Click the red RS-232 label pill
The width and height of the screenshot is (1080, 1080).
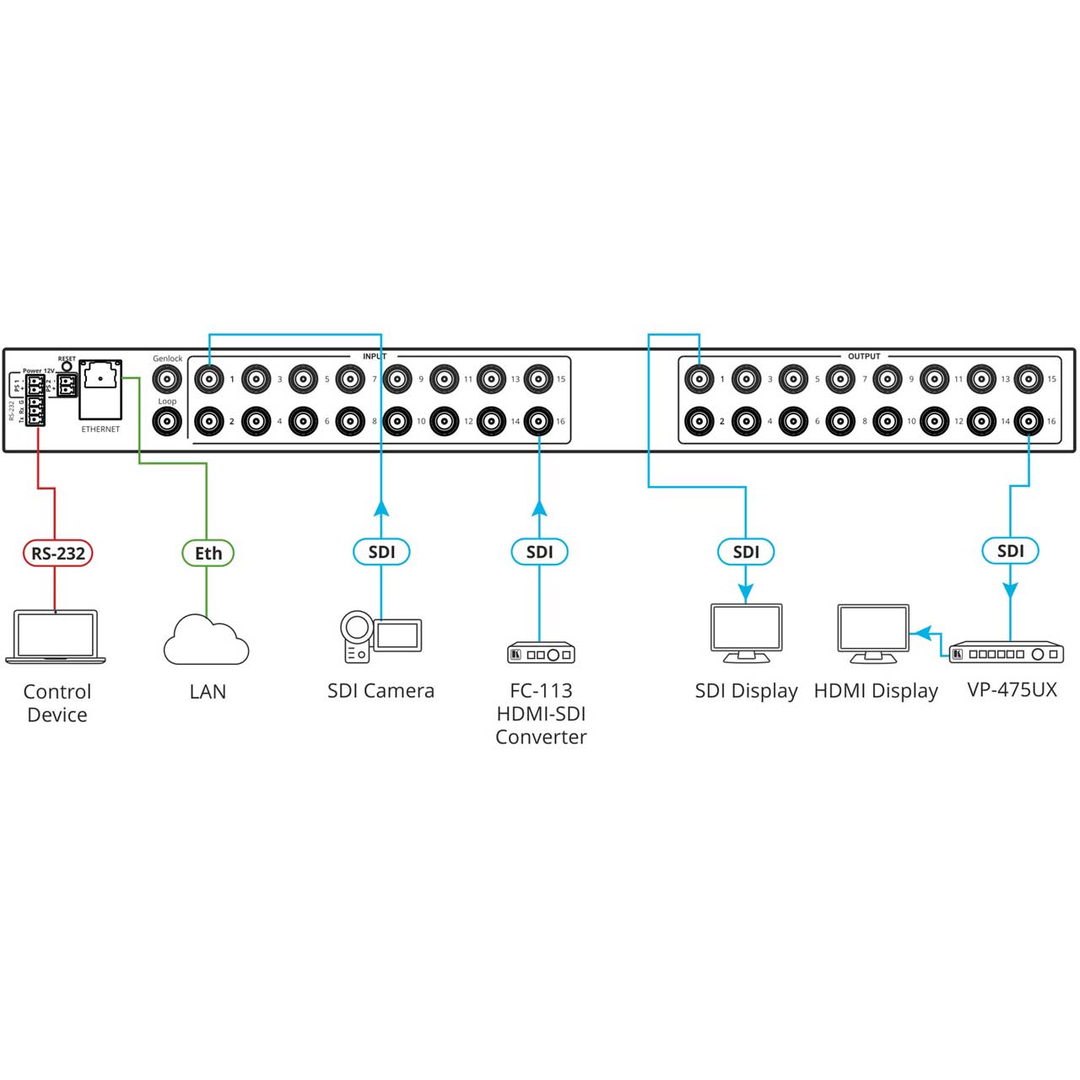tap(57, 553)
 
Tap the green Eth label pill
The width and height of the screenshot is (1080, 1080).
tap(208, 553)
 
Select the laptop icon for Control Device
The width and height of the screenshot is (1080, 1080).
tap(56, 636)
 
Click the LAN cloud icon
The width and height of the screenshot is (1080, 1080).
tap(206, 640)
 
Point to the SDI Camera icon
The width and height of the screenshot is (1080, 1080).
tap(381, 636)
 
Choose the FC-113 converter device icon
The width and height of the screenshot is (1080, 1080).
tap(541, 653)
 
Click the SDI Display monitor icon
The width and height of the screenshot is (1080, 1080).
tap(746, 632)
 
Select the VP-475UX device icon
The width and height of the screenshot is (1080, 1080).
tap(1006, 653)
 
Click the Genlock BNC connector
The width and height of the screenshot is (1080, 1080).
tap(167, 379)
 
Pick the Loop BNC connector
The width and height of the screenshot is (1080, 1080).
tap(167, 420)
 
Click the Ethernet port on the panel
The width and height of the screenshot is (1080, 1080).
tap(100, 388)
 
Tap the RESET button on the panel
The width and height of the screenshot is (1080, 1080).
tap(67, 367)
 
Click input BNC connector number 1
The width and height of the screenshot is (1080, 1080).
tap(209, 379)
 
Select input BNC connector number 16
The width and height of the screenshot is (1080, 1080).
tap(538, 420)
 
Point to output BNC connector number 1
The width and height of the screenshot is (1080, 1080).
tap(699, 379)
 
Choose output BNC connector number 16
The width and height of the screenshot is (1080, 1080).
tap(1029, 420)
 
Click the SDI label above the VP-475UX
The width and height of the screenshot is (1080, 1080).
tap(1010, 551)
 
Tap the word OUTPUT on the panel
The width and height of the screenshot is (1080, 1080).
tap(864, 356)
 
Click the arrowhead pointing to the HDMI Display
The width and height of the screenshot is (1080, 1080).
tap(921, 632)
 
